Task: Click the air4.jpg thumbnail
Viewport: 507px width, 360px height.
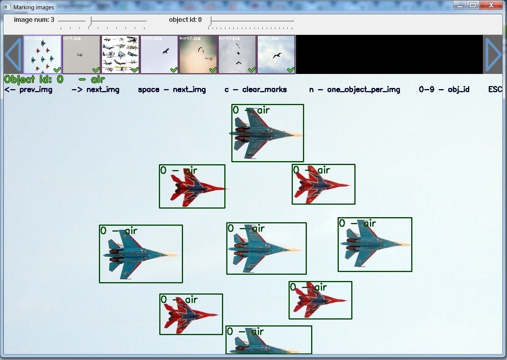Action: pyautogui.click(x=42, y=54)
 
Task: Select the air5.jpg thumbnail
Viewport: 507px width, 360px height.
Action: pyautogui.click(x=81, y=54)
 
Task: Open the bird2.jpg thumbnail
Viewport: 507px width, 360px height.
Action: pyautogui.click(x=198, y=54)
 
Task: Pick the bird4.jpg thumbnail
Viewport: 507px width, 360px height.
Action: pyautogui.click(x=276, y=54)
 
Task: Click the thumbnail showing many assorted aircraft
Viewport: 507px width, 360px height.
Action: pyautogui.click(x=120, y=54)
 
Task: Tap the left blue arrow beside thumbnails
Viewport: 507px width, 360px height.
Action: pyautogui.click(x=13, y=54)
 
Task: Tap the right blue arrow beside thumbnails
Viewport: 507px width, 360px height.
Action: pyautogui.click(x=493, y=54)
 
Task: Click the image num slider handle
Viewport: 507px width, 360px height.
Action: pyautogui.click(x=90, y=21)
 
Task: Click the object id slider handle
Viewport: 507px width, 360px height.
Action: pyautogui.click(x=209, y=21)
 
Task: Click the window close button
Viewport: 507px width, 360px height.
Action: pyautogui.click(x=491, y=5)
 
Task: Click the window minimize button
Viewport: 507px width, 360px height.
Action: pyautogui.click(x=460, y=5)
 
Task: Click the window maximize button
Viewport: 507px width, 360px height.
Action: pyautogui.click(x=472, y=5)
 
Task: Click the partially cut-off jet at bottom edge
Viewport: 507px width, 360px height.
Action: pyautogui.click(x=265, y=344)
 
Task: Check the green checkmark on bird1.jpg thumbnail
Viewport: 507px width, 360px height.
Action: pyautogui.click(x=174, y=70)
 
